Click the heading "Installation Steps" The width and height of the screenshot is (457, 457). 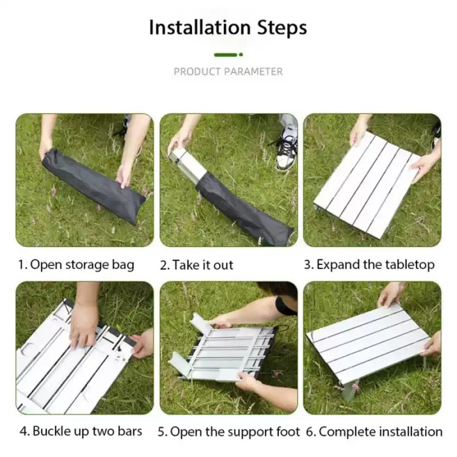coord(228,28)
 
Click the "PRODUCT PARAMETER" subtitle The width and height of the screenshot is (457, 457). coord(228,71)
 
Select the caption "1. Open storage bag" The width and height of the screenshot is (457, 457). coord(76,264)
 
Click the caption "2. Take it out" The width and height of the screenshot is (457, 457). coord(196,264)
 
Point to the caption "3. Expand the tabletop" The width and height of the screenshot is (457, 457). coord(370,264)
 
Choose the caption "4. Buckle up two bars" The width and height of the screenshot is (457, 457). coord(80,432)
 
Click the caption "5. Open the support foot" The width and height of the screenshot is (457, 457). coord(229,432)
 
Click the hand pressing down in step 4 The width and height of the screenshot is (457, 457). coord(84,324)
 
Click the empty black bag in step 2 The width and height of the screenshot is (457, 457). coord(245,209)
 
